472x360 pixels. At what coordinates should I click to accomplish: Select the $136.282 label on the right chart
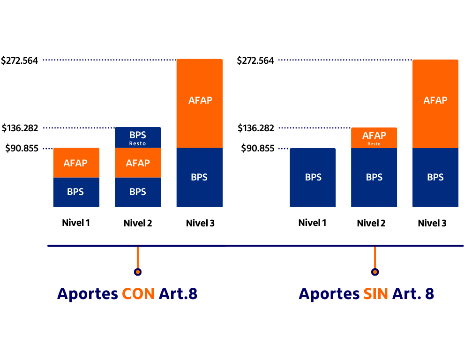point(256,128)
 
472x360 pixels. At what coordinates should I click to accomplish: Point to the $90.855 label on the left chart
point(22,149)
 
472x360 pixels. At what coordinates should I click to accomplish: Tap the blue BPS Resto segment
point(138,138)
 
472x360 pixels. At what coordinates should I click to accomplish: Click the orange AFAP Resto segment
point(374,138)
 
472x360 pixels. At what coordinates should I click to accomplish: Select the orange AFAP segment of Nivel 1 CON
point(76,163)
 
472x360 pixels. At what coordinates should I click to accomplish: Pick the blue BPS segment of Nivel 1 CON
point(76,192)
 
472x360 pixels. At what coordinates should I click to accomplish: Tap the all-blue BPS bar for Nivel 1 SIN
point(313,178)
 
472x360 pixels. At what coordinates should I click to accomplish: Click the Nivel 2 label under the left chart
point(138,223)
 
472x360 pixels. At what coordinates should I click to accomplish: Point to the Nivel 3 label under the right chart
point(432,223)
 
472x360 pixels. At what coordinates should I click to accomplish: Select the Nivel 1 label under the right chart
point(312,223)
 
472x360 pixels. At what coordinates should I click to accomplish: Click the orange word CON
point(138,294)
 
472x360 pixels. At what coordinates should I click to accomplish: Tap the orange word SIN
point(375,294)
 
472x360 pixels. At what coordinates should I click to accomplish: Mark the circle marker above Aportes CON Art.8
point(138,272)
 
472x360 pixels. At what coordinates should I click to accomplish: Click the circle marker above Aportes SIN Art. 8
point(375,272)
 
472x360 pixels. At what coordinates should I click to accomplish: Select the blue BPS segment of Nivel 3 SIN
point(435,178)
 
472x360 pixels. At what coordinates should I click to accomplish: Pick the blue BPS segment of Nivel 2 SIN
point(374,178)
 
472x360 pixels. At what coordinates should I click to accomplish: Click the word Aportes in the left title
point(87,294)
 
